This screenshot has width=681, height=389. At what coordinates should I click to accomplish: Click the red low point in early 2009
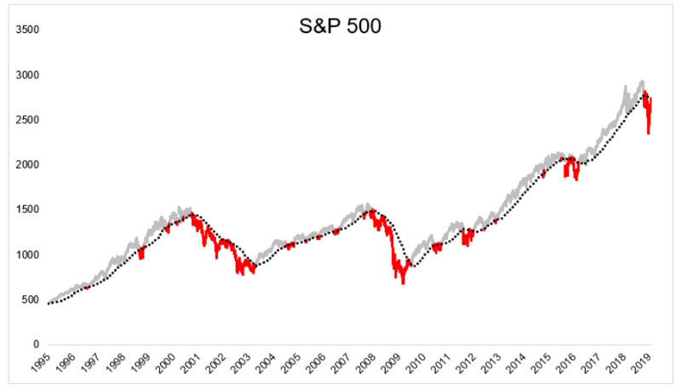click(x=403, y=283)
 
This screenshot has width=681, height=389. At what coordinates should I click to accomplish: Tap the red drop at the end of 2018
click(x=648, y=133)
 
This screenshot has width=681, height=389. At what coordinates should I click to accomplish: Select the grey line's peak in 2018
click(x=641, y=82)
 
